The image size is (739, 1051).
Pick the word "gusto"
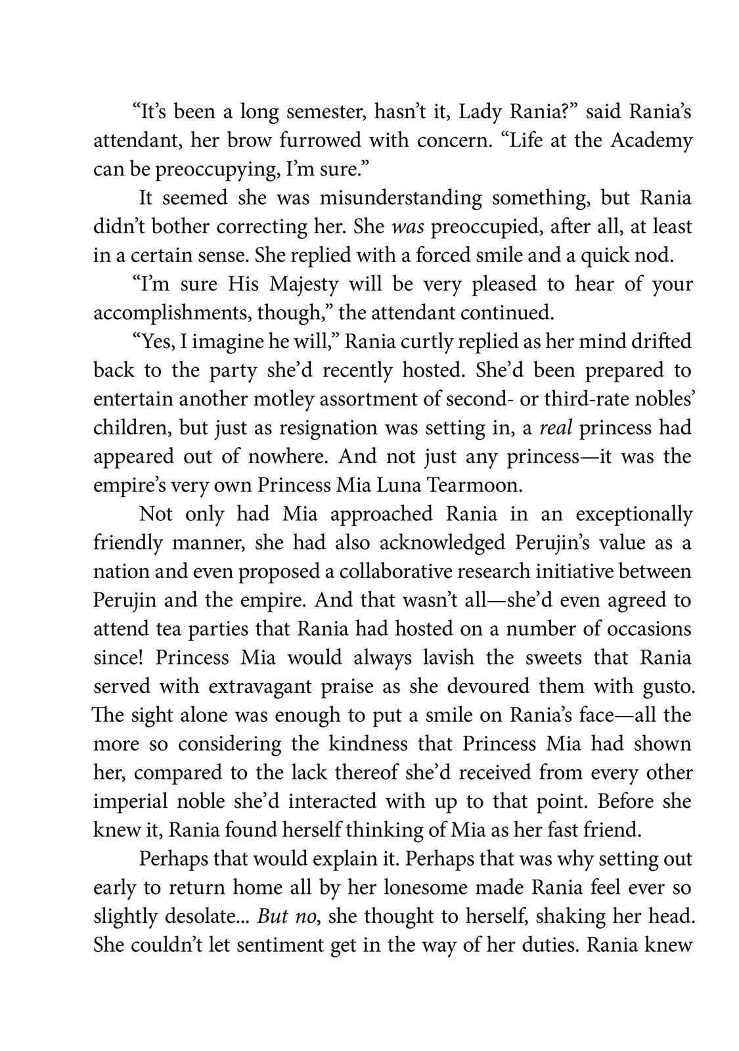pos(663,686)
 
